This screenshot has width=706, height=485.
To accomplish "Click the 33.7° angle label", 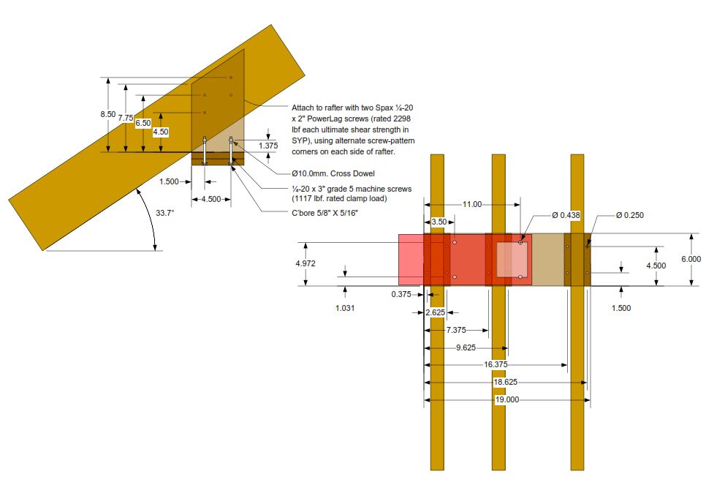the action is [x=164, y=213].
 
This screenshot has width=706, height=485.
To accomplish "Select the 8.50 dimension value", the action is [x=108, y=115].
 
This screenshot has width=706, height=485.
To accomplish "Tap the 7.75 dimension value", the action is [x=126, y=118].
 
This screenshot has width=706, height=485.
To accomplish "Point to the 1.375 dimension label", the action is [x=268, y=146].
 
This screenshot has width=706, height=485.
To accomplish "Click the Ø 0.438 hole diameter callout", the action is [x=566, y=216].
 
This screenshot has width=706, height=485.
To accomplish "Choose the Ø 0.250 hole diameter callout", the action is [x=630, y=216].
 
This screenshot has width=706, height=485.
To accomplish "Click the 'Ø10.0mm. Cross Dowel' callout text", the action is [x=333, y=173].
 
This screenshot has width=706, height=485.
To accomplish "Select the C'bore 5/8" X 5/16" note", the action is [x=324, y=213].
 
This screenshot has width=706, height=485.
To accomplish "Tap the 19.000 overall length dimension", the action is [x=507, y=400].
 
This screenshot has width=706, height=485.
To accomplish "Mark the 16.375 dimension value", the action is [x=496, y=364].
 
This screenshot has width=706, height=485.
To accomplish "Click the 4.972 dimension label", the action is [x=305, y=263].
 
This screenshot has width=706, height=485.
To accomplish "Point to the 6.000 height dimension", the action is [x=691, y=259].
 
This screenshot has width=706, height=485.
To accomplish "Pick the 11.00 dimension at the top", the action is [x=472, y=204].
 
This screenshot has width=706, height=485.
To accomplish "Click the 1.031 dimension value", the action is [x=345, y=308].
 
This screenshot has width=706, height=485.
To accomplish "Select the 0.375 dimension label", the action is [x=401, y=294].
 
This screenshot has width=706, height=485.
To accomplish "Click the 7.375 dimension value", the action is [x=456, y=330].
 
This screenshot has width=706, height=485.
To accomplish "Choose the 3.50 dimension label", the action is [x=439, y=222].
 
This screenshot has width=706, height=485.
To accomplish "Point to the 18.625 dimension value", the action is [x=506, y=383].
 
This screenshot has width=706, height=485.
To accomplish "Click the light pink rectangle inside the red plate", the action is [x=512, y=260].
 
